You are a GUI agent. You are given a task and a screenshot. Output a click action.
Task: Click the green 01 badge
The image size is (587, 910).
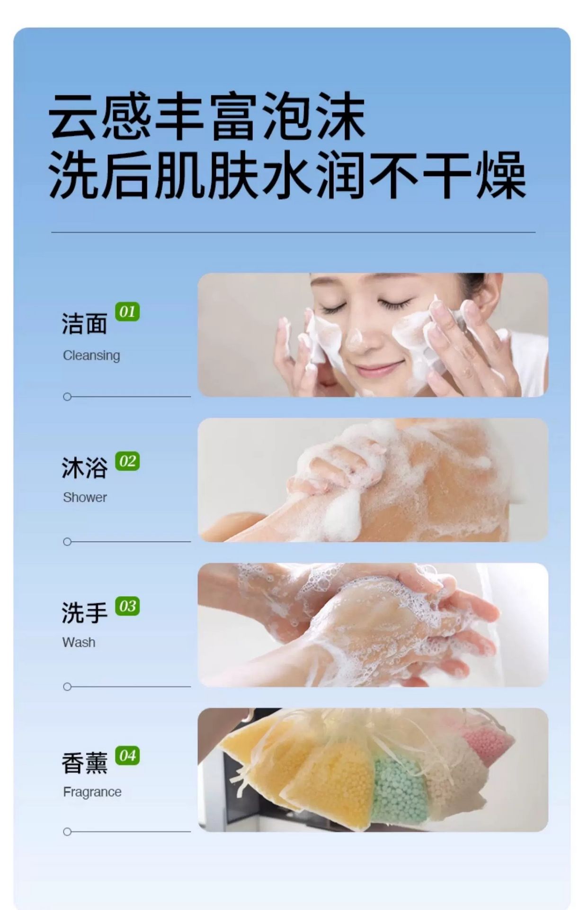point(127,312)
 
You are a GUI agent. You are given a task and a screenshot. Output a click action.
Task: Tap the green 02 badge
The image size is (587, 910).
point(127,461)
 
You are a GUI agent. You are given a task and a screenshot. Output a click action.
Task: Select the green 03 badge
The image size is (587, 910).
point(127,606)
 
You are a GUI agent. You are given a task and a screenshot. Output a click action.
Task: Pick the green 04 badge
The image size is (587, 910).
point(127,755)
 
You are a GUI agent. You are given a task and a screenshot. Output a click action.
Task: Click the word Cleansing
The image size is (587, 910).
point(91,355)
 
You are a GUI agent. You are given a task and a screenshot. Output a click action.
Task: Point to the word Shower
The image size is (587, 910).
point(85,497)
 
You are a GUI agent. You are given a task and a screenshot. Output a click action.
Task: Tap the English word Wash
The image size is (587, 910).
point(79,642)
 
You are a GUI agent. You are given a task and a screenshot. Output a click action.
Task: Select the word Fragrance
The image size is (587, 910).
point(92,792)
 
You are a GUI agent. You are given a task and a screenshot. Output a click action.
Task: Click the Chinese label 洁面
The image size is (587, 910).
point(84,324)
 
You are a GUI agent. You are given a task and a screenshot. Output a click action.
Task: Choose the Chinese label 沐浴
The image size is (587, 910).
point(84,468)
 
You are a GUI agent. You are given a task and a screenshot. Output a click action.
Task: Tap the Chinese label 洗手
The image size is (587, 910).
point(84,613)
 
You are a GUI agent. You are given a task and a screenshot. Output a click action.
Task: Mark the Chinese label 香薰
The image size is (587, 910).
point(84,763)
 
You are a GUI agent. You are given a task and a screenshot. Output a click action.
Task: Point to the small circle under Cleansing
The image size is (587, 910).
point(67,397)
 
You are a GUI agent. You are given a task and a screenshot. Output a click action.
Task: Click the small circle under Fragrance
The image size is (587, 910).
point(67,832)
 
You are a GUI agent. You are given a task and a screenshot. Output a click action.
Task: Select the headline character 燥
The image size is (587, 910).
point(501,175)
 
